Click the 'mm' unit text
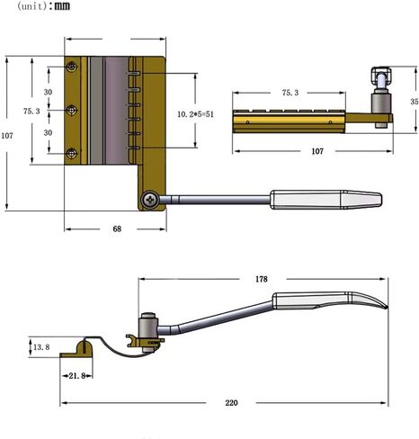pyautogui.click(x=62, y=5)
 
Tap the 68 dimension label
pyautogui.click(x=117, y=229)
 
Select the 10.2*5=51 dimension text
pyautogui.click(x=196, y=114)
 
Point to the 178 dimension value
pyautogui.click(x=262, y=279)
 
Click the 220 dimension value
pyautogui.click(x=231, y=402)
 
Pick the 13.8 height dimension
pyautogui.click(x=41, y=347)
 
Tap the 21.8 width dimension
pyautogui.click(x=77, y=376)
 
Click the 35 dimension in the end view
pyautogui.click(x=415, y=102)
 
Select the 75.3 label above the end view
pyautogui.click(x=290, y=93)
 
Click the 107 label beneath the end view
pyautogui.click(x=317, y=151)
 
